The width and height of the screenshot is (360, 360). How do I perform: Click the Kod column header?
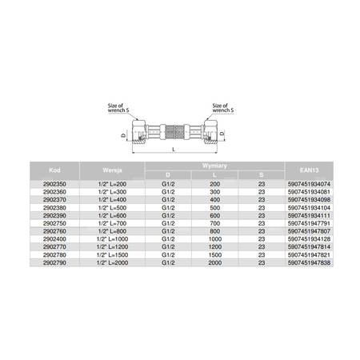pos(54,170)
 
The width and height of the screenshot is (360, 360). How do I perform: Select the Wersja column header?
pos(112,170)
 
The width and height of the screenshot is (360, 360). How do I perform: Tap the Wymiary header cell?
pos(214,166)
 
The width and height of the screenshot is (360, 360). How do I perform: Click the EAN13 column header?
pos(309,170)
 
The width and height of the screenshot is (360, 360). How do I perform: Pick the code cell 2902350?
pos(54,184)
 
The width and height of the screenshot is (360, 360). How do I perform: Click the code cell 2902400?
pos(54,239)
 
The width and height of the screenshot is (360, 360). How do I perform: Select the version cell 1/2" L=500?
pos(112,208)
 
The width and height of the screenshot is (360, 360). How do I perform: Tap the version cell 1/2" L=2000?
pos(112,262)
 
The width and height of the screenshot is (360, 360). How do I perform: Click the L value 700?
pos(215,223)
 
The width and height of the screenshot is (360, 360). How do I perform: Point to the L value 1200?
pos(215,247)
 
